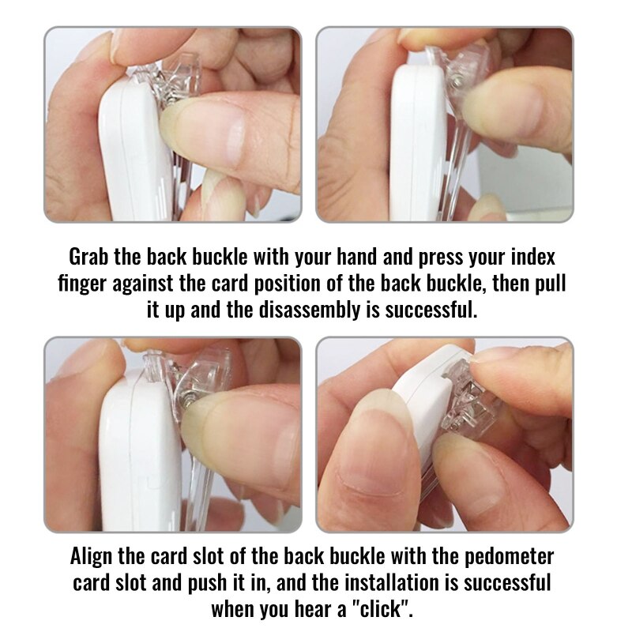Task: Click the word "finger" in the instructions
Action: pos(82,284)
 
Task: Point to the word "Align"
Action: pos(91,556)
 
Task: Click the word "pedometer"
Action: pos(509,556)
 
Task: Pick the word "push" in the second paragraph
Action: pos(206,583)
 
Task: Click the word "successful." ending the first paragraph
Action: pos(431,310)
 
